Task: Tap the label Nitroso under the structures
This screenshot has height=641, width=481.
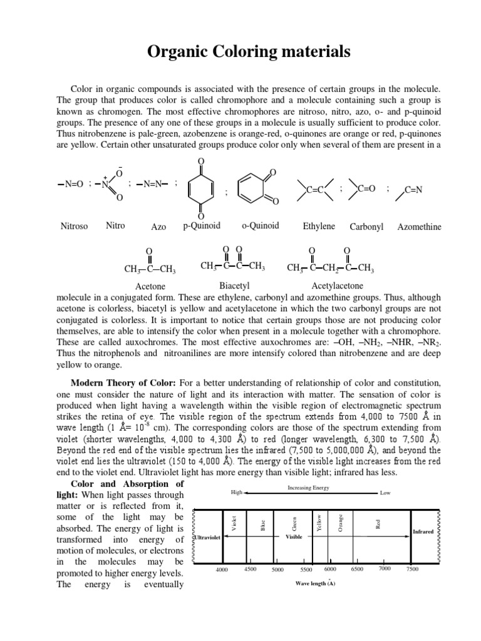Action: (x=75, y=226)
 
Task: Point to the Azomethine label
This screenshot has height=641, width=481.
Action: (x=419, y=227)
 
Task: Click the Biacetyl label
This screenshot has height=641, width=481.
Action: (x=233, y=286)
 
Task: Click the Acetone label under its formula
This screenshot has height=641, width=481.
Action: (x=150, y=287)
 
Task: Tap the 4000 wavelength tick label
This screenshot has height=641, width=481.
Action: (x=222, y=569)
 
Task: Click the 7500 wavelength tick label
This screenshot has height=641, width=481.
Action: (x=412, y=569)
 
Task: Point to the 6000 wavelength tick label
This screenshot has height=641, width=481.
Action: (x=331, y=568)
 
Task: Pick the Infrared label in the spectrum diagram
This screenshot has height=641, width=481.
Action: (x=423, y=531)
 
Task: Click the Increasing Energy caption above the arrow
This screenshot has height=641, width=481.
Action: (x=308, y=487)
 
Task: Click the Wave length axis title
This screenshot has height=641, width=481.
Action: (x=315, y=583)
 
